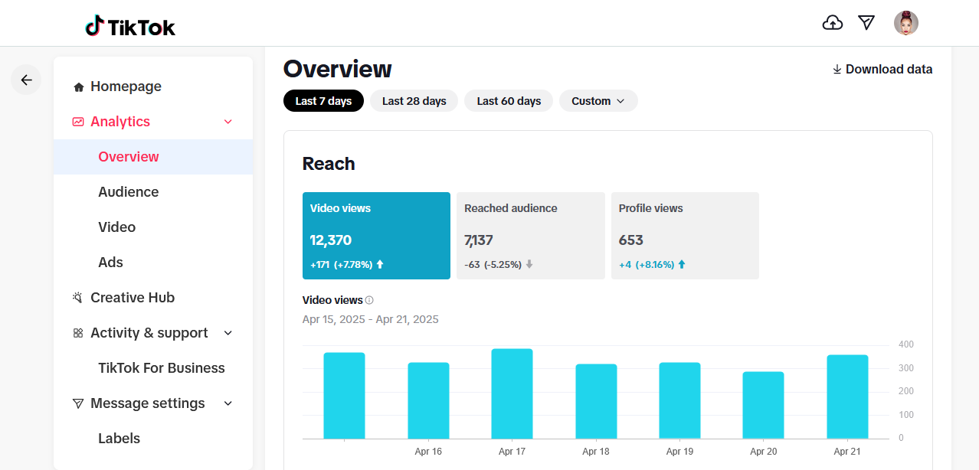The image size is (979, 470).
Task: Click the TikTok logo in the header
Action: coord(130,26)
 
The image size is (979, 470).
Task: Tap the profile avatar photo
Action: coord(906,23)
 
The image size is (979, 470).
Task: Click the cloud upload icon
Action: coord(833,23)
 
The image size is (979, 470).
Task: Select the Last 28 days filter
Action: coord(414,101)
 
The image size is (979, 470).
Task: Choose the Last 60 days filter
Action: coord(509,101)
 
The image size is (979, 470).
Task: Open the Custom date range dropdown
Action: coord(598,101)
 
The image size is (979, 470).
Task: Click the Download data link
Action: coord(882,69)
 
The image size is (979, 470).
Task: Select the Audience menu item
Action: coord(129,192)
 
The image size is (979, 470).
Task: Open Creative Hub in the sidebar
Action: coord(133,298)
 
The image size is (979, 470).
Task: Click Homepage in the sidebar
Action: coord(126,86)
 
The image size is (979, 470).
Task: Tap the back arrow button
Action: coord(26,80)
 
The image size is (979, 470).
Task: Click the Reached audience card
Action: coord(531,236)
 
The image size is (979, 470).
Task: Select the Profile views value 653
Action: coord(630,240)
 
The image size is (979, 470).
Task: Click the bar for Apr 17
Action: coord(512,393)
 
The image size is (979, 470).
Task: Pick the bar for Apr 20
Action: coord(763,405)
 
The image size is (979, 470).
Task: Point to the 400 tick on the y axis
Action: coord(906,344)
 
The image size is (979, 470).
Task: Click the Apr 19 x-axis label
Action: coord(679,451)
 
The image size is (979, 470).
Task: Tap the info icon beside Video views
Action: coord(369,300)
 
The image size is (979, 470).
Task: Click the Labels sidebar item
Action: coord(119,438)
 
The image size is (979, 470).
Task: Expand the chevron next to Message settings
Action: coord(228,403)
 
